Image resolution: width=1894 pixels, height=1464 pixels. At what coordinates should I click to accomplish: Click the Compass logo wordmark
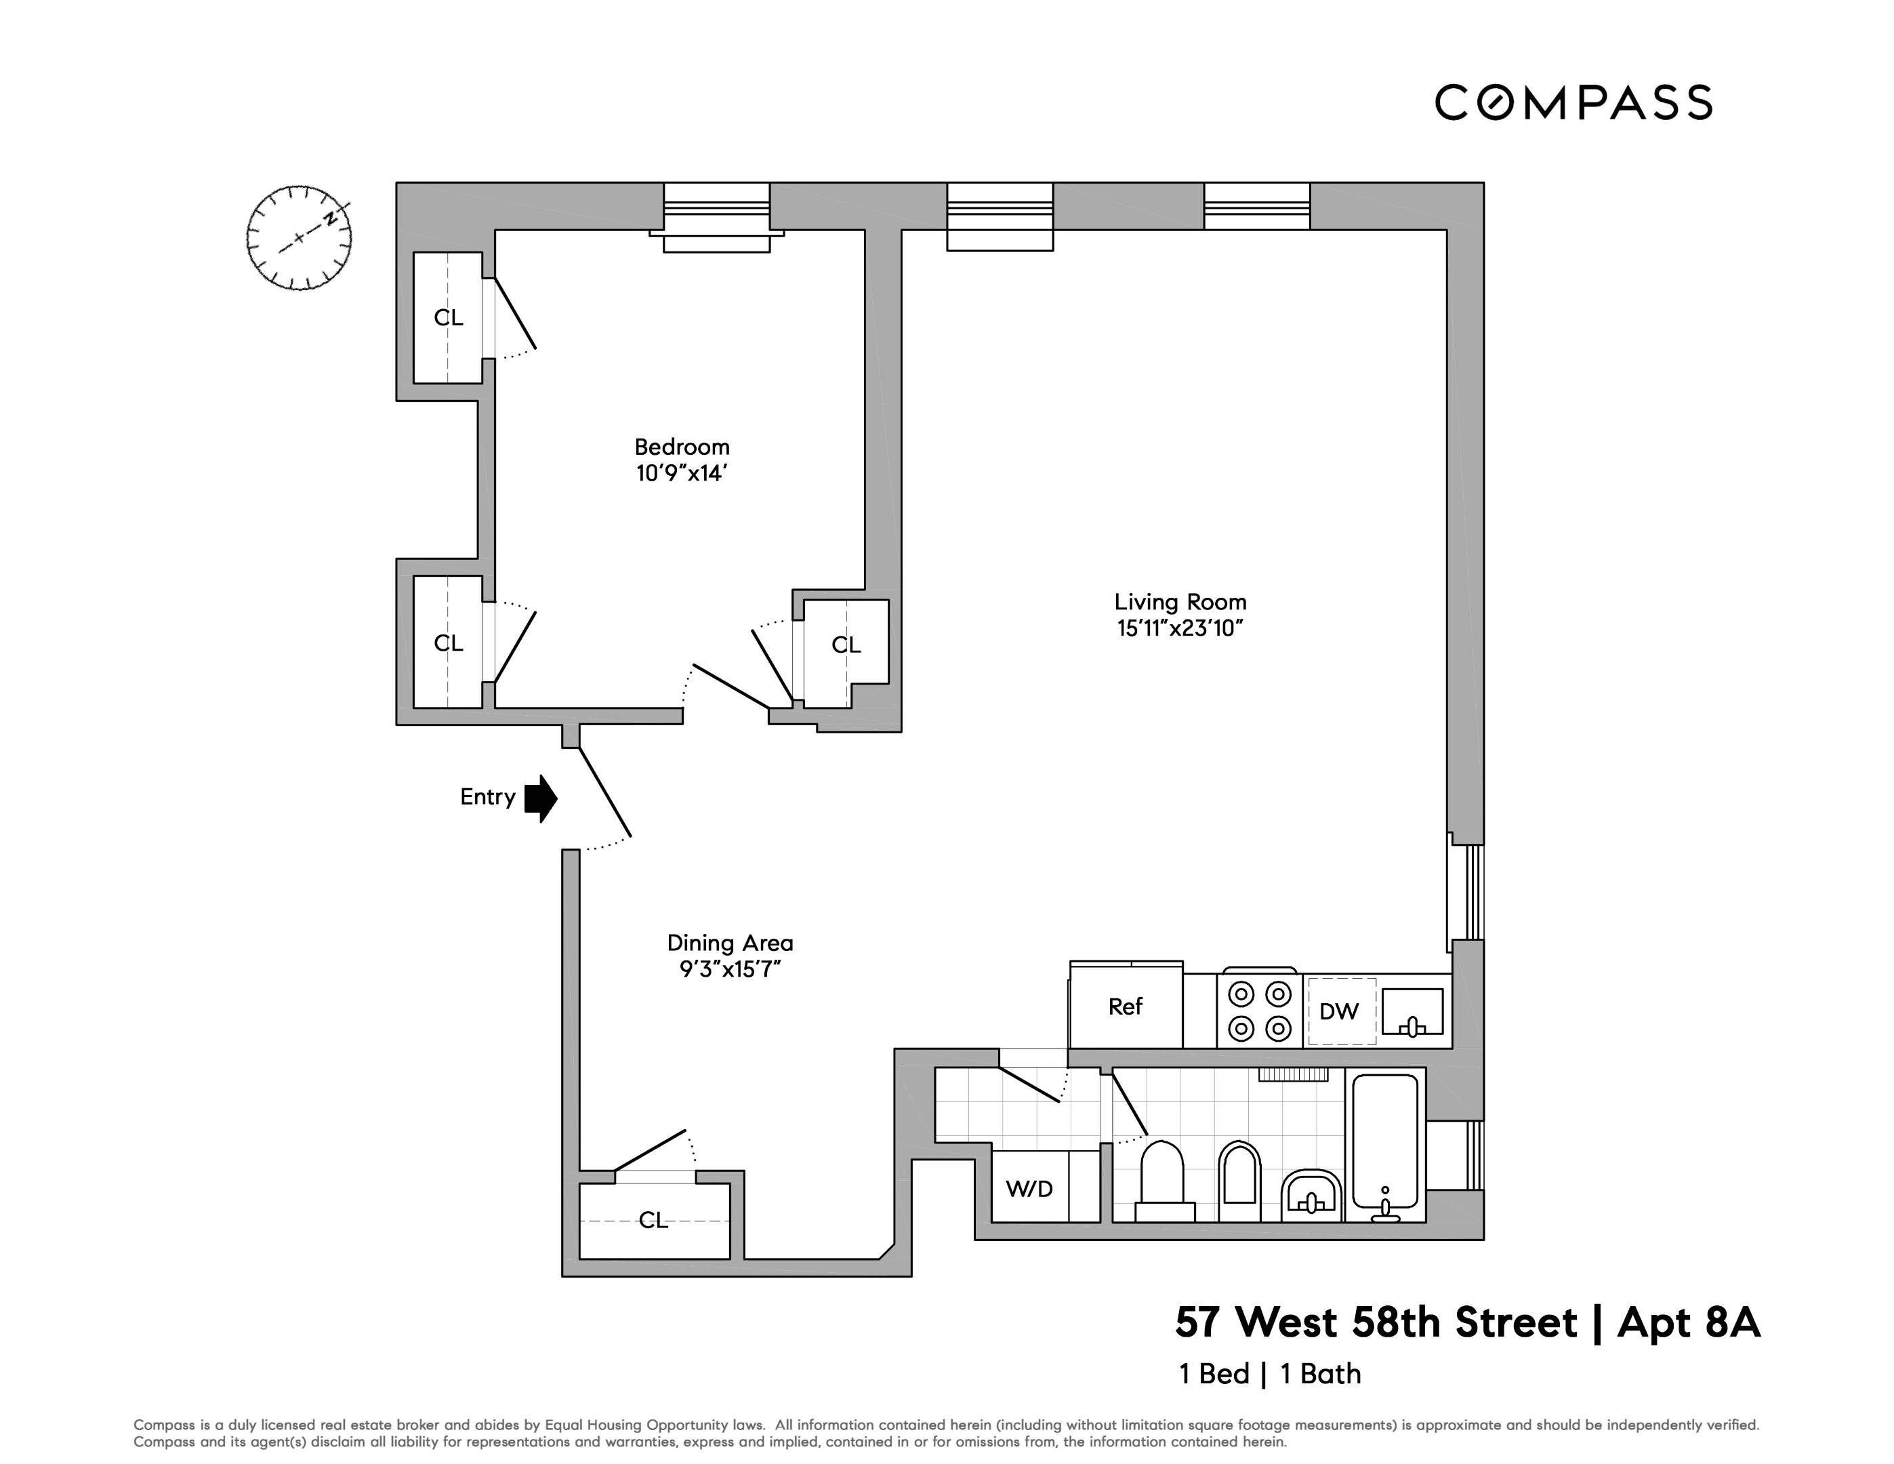coord(1572,102)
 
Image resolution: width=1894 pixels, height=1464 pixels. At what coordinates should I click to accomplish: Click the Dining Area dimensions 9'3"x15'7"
coord(730,969)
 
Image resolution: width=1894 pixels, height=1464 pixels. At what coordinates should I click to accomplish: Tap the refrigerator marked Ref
coord(1126,1006)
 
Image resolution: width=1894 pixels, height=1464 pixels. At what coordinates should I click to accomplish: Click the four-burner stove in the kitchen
coord(1259,1011)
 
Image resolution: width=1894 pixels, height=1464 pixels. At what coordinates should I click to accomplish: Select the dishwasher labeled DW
coord(1339,1011)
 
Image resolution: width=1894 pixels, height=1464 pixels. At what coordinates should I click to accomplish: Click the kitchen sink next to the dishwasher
coord(1412,1011)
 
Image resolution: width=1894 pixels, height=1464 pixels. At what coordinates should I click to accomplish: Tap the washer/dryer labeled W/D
coord(1030,1188)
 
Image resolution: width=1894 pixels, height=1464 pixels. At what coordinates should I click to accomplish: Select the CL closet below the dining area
coord(653,1220)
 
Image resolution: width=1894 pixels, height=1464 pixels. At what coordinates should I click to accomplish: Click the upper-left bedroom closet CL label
coord(449,317)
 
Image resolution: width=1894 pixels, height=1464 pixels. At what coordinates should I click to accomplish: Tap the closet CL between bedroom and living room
coord(846,645)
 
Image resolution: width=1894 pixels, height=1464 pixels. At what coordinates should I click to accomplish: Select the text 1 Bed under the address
coord(1214,1374)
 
